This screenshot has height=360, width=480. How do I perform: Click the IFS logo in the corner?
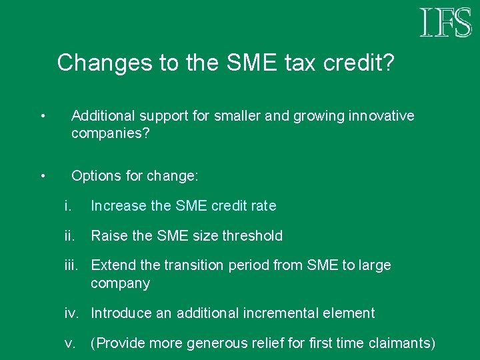click(x=445, y=23)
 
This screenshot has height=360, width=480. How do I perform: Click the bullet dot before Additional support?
click(x=42, y=117)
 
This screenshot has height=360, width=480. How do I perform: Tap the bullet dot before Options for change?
click(x=42, y=177)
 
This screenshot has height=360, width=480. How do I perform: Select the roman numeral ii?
click(x=69, y=235)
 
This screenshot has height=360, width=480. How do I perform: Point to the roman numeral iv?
click(x=71, y=313)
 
